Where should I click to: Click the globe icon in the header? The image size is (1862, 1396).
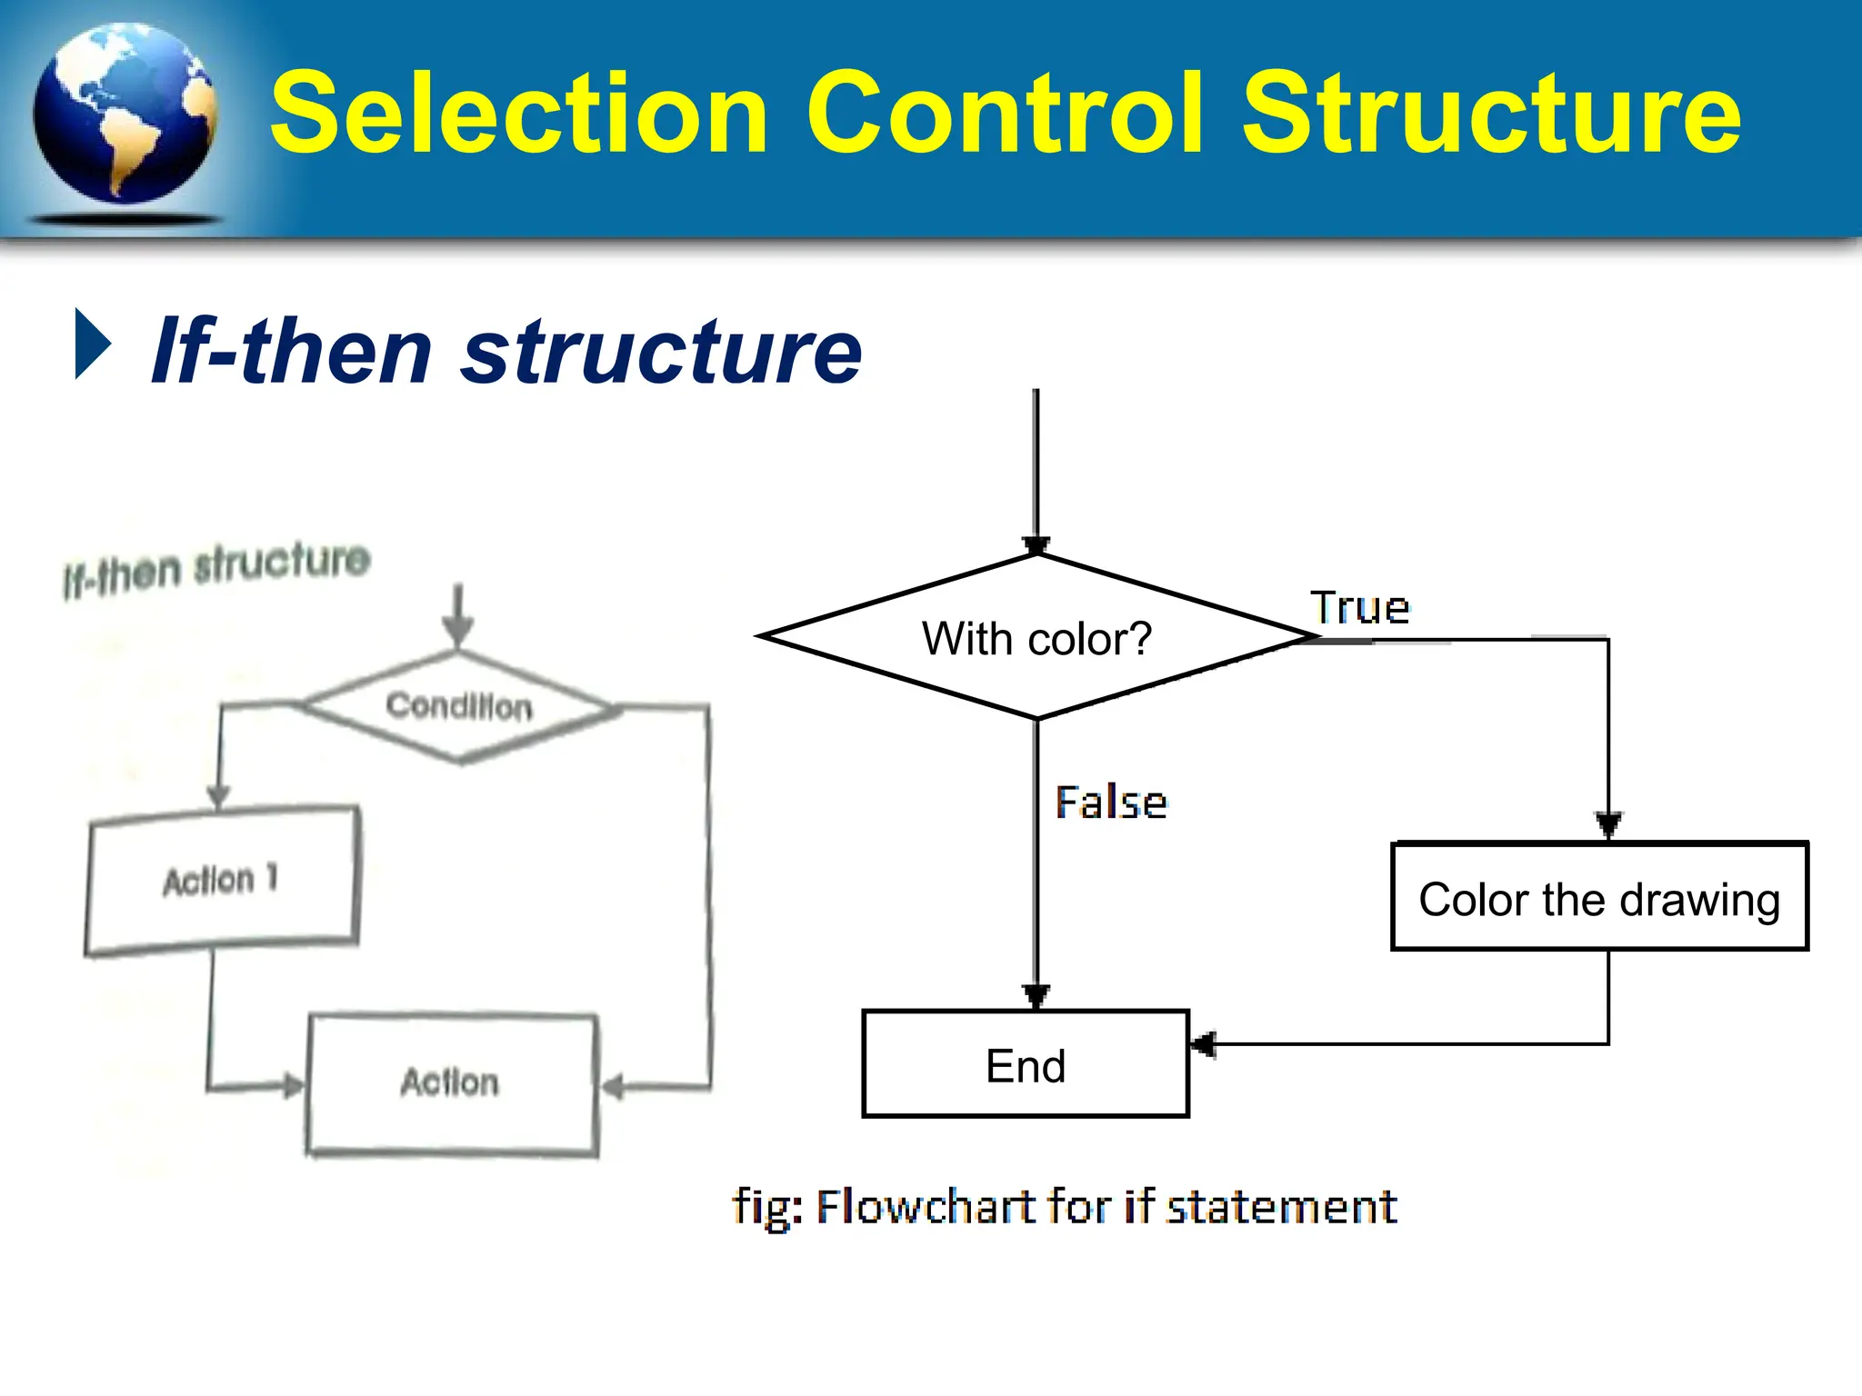click(125, 115)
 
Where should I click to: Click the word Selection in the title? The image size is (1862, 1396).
click(519, 114)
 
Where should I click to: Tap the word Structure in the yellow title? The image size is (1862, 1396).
click(1491, 114)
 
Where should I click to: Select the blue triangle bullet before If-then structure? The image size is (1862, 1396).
click(92, 344)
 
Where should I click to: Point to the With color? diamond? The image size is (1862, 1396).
click(1036, 637)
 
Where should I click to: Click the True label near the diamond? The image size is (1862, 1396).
click(1359, 608)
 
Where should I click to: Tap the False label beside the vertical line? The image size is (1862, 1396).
click(1111, 803)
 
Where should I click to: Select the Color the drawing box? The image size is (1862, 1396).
click(1599, 897)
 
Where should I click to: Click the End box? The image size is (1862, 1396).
click(1026, 1064)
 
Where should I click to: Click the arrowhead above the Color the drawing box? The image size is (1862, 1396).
click(1608, 824)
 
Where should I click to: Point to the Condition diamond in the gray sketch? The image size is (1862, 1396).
click(459, 706)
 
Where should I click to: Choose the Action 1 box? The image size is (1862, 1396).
click(222, 880)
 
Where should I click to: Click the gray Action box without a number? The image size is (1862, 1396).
click(452, 1083)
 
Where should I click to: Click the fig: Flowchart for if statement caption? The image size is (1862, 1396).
click(1064, 1207)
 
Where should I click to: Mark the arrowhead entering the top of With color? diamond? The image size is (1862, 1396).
click(1036, 545)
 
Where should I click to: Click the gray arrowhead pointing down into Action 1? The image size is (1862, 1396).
click(218, 796)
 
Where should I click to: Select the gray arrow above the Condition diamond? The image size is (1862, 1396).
click(458, 616)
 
